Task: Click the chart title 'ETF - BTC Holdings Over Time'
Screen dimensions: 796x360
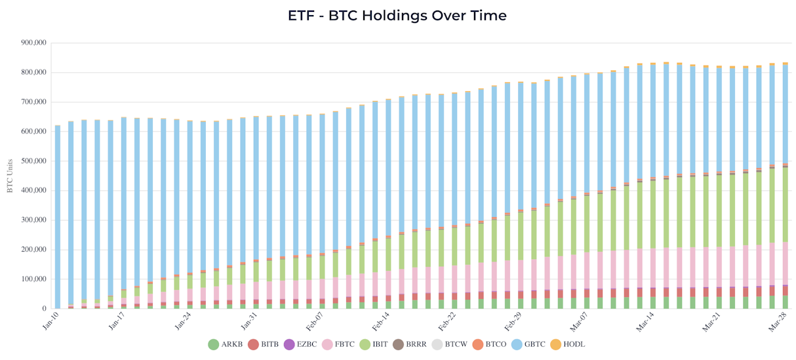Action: coord(397,16)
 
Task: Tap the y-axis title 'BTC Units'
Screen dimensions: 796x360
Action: coord(10,176)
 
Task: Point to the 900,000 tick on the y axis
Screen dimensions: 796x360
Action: coord(33,43)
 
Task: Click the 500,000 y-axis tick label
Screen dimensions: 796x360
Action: coord(33,161)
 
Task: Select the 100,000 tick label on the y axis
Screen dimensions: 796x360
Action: coord(33,279)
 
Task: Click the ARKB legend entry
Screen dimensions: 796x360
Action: coord(226,344)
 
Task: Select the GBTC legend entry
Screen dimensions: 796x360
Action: coord(528,344)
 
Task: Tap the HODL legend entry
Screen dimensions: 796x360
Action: coord(568,344)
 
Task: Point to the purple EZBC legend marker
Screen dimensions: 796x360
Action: coord(290,345)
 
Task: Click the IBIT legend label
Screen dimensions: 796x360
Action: coord(380,344)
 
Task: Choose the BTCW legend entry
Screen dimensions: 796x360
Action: coord(450,344)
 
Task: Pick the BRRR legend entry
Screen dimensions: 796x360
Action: coord(410,344)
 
